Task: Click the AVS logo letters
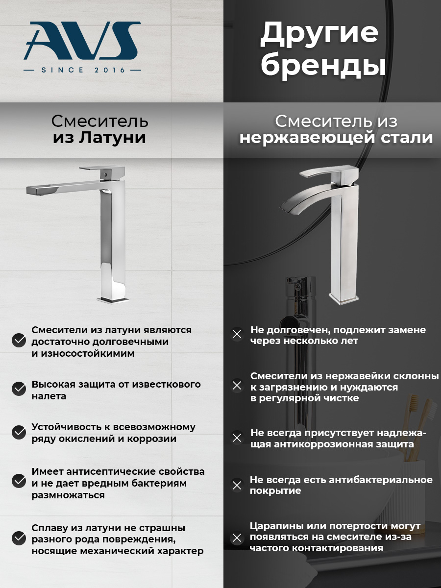[x=82, y=41]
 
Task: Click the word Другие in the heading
[x=319, y=35]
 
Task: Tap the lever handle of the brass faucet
[x=102, y=170]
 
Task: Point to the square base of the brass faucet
[x=113, y=300]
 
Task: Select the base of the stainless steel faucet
[x=343, y=299]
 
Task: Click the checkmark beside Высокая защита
[x=19, y=389]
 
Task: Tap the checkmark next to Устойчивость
[x=19, y=432]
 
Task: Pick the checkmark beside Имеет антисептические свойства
[x=19, y=480]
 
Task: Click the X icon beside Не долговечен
[x=237, y=334]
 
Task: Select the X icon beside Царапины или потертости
[x=237, y=538]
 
